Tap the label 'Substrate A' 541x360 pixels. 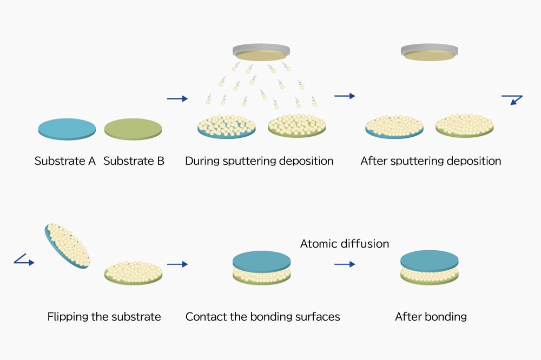tap(65, 161)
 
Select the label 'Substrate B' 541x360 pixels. tap(134, 161)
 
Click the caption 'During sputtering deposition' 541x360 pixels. tap(259, 161)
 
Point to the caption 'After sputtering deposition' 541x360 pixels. tap(431, 161)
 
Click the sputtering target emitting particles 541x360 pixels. tap(260, 53)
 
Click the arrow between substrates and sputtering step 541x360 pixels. tap(177, 98)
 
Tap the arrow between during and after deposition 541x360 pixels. tap(345, 96)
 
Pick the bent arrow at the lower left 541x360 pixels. tap(24, 261)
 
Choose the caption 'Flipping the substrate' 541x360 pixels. tap(104, 317)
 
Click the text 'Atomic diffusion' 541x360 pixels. tap(345, 244)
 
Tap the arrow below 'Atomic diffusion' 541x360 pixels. tap(345, 264)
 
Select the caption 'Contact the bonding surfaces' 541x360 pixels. tap(262, 317)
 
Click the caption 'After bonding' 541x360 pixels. tap(431, 317)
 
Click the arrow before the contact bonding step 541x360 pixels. tap(177, 264)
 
